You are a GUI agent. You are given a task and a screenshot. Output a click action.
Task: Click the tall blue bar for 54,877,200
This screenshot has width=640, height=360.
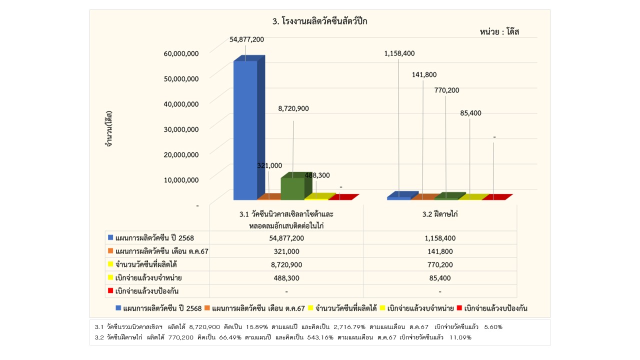click(245, 130)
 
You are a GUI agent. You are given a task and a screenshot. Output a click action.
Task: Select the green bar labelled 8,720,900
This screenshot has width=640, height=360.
click(292, 188)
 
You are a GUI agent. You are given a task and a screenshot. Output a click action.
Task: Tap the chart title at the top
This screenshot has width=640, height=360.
click(323, 21)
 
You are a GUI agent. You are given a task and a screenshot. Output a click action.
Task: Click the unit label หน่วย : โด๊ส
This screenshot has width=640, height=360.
click(499, 32)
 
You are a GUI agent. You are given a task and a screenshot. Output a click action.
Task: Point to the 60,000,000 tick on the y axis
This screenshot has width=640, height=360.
click(181, 53)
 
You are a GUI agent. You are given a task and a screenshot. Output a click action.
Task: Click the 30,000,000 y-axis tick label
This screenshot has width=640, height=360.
click(181, 129)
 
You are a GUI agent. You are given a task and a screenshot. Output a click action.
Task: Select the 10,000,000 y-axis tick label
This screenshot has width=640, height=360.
click(181, 179)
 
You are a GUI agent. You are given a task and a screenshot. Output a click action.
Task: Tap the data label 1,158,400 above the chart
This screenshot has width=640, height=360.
click(399, 53)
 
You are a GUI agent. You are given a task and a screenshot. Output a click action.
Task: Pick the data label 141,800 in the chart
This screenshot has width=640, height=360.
click(424, 74)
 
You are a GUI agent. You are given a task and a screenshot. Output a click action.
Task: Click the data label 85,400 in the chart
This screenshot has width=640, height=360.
click(470, 113)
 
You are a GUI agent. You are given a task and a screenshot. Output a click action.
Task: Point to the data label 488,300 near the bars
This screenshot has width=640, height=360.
click(318, 175)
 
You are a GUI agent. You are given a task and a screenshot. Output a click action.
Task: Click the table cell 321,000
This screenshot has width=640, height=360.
click(286, 251)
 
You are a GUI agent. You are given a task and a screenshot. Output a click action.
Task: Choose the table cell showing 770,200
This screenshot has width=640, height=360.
click(440, 264)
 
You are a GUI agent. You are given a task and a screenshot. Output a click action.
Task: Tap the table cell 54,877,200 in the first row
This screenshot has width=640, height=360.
click(286, 238)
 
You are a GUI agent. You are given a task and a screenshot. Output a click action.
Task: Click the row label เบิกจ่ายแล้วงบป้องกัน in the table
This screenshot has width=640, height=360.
click(147, 291)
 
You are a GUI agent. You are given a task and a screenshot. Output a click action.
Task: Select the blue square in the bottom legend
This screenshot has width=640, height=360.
click(118, 308)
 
